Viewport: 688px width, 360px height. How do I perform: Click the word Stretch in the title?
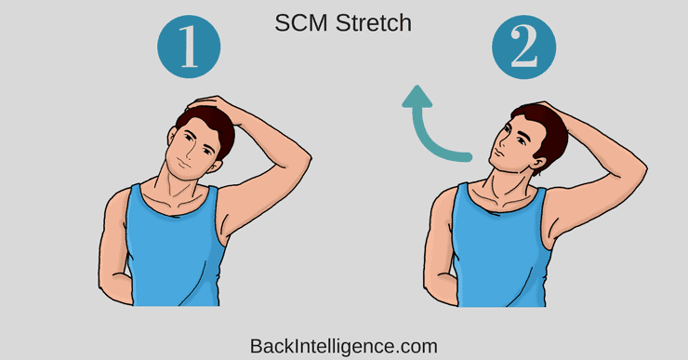click(x=374, y=23)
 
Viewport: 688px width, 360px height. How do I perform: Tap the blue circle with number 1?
click(x=189, y=47)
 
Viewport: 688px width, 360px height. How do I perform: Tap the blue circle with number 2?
click(x=523, y=47)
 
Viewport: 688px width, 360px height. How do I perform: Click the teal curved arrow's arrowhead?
click(x=417, y=97)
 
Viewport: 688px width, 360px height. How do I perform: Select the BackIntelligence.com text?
click(x=344, y=346)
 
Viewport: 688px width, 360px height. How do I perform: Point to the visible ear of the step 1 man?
click(x=214, y=167)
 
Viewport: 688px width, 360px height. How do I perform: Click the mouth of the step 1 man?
click(x=183, y=165)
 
